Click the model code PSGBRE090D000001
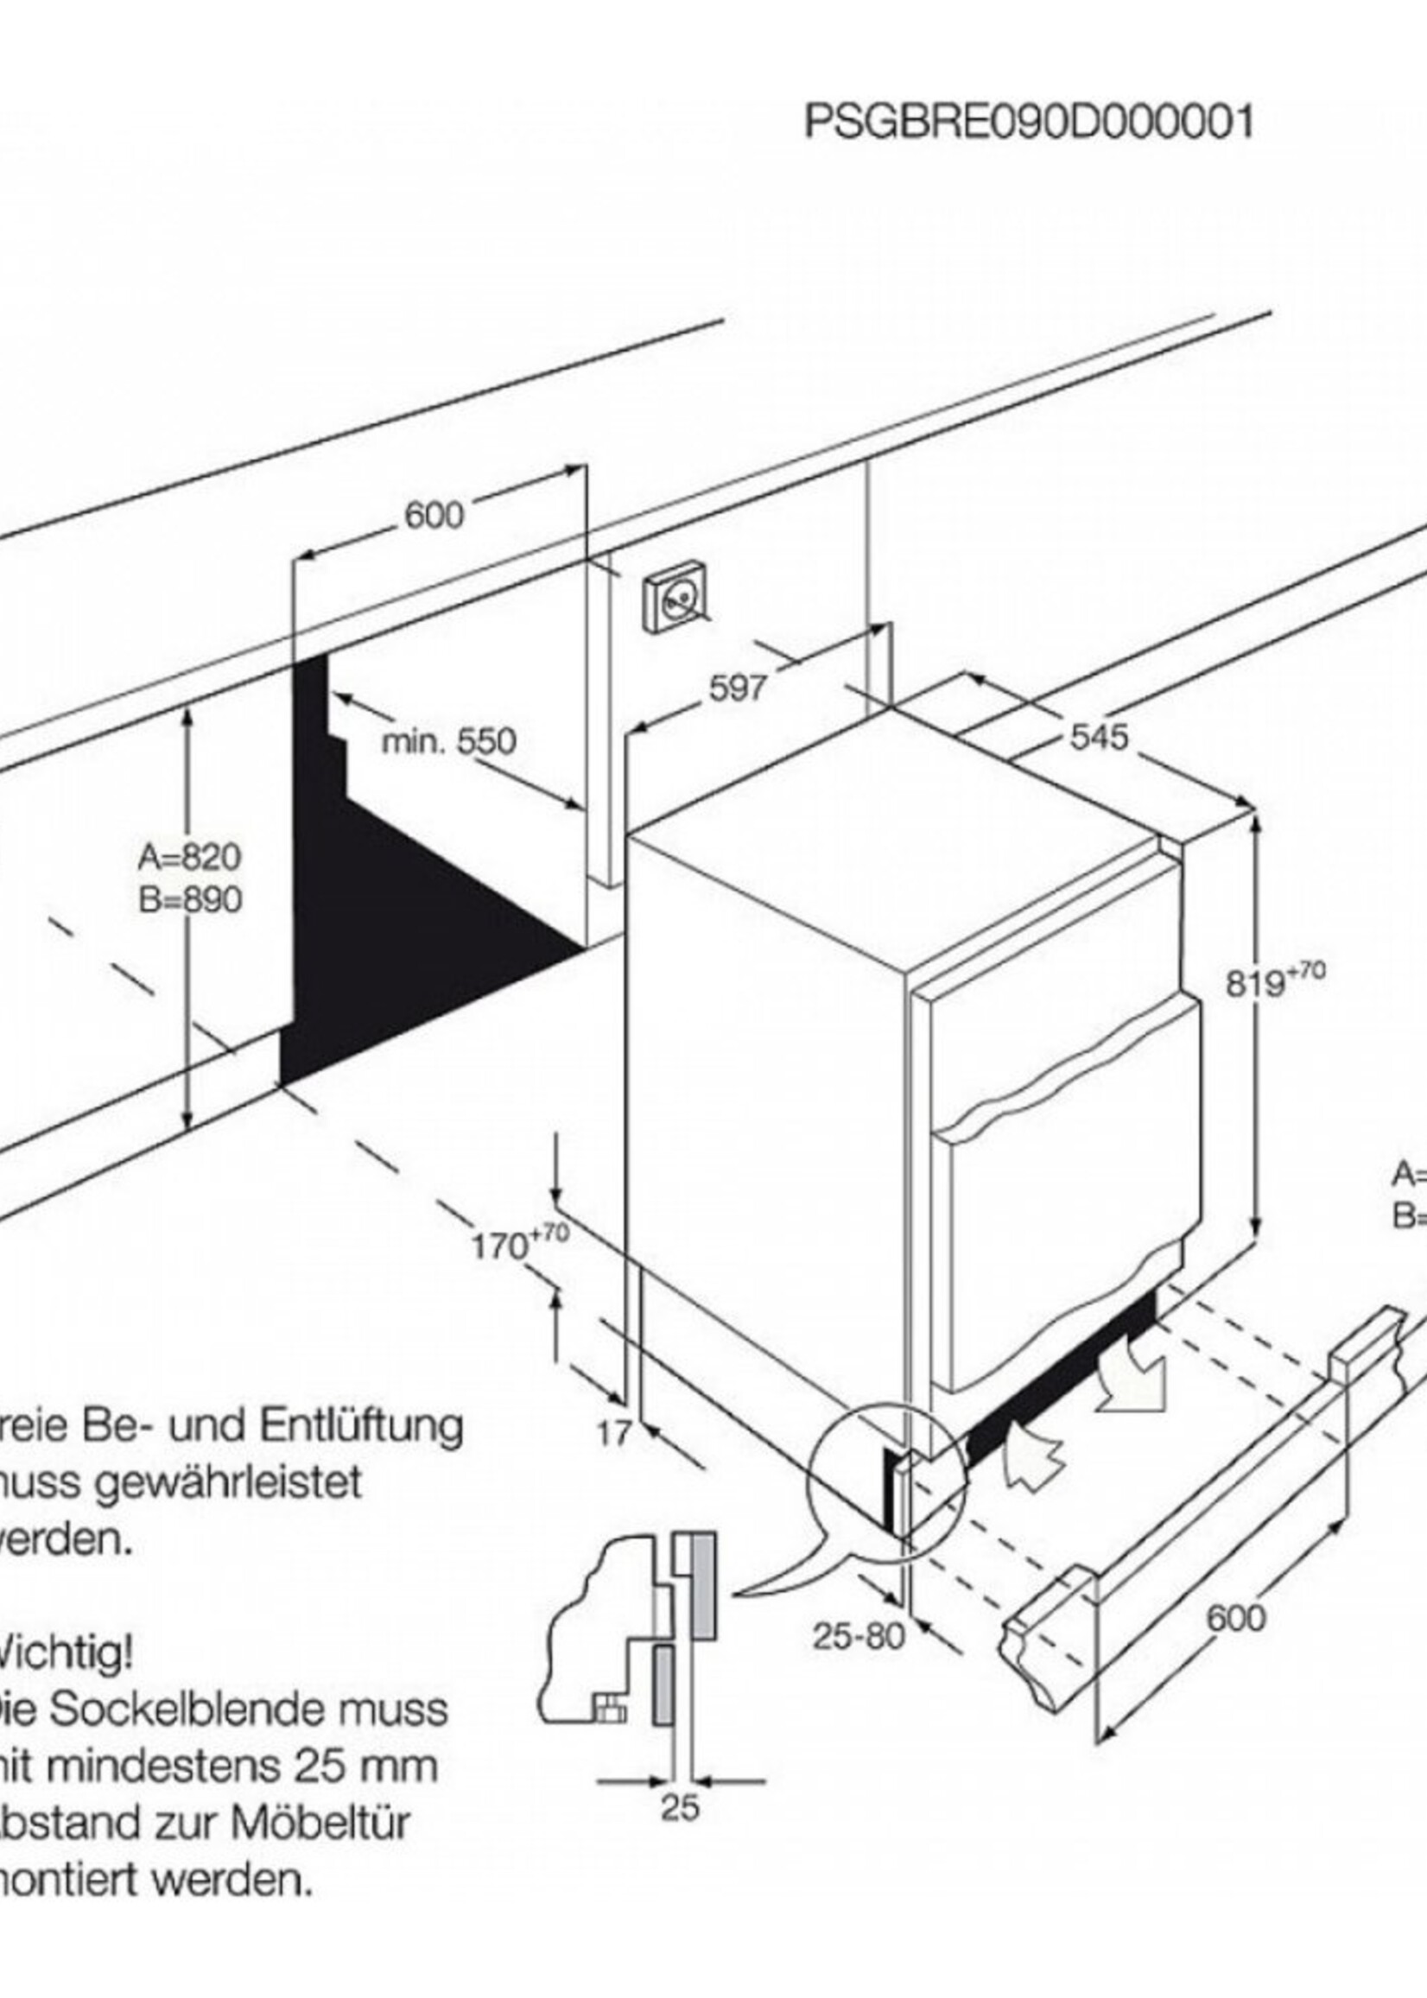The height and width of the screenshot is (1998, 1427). [1029, 122]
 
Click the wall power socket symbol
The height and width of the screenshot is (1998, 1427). [676, 601]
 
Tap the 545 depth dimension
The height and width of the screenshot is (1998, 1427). [1099, 736]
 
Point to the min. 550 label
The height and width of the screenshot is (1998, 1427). [449, 741]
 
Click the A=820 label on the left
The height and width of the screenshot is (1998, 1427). [190, 857]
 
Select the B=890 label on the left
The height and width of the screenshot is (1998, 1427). [190, 900]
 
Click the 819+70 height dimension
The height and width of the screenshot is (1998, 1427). [1274, 981]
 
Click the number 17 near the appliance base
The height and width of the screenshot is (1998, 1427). [614, 1434]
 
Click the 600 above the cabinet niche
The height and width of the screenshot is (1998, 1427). [434, 516]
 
